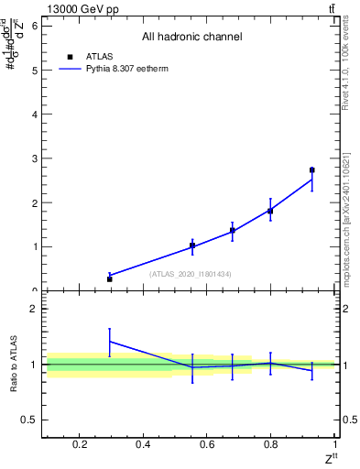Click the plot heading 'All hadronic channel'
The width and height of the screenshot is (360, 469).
pos(191,38)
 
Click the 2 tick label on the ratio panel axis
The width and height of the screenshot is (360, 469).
pos(33,309)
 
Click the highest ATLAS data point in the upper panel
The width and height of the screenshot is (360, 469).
pos(311,169)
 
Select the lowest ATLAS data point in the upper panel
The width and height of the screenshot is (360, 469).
pos(109,278)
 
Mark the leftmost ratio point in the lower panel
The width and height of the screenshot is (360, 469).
pos(109,341)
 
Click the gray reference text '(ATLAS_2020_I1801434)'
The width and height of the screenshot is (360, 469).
pos(191,274)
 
